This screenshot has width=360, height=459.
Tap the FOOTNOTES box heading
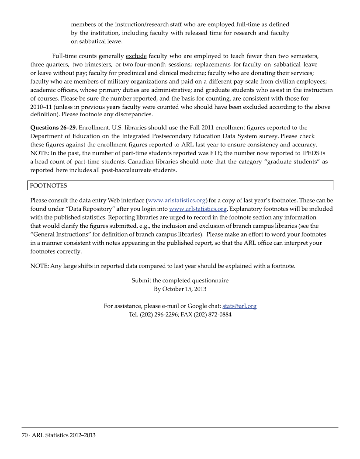pos(48,186)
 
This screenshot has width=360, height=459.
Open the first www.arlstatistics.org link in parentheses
pos(177,201)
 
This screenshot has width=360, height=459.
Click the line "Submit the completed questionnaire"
pos(180,280)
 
